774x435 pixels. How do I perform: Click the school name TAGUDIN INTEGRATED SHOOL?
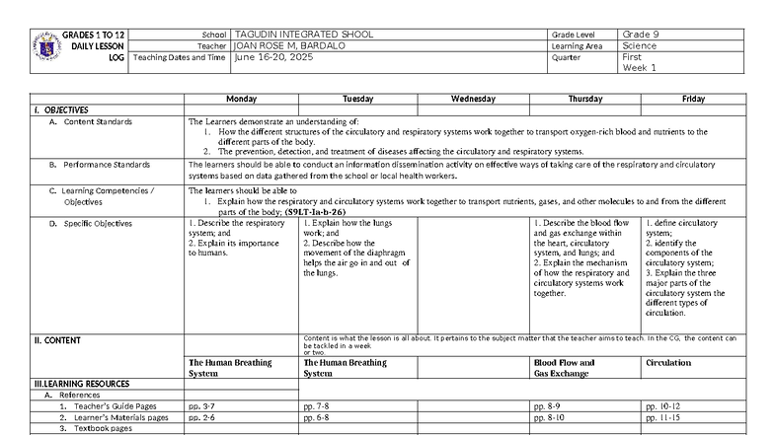pos(303,35)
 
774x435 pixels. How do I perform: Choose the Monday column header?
pos(241,99)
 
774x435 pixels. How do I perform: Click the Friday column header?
pos(693,99)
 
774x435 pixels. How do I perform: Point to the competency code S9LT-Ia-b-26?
pos(314,211)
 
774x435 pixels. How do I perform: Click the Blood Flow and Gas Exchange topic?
pos(563,368)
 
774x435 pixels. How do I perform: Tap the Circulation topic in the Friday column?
pos(668,362)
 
